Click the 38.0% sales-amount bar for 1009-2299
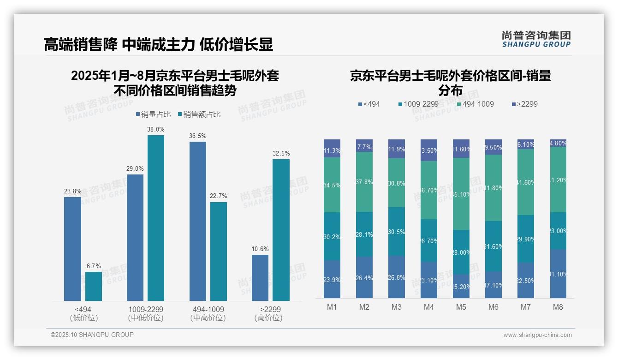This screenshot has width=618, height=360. tap(156, 218)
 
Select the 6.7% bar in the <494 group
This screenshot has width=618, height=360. tap(94, 286)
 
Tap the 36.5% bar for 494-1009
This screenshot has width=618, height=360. tap(198, 221)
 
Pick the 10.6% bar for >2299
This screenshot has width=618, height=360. tap(260, 278)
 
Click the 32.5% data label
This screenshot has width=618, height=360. tap(281, 153)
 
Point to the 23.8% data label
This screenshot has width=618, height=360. tap(72, 191)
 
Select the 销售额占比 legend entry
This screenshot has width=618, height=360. tap(199, 114)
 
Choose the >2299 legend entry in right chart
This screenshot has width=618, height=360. tap(524, 104)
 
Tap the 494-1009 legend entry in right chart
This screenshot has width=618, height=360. tap(475, 104)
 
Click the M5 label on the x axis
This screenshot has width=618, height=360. tap(461, 307)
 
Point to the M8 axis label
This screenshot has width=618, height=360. tap(558, 307)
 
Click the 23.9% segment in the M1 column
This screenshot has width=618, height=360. tap(332, 279)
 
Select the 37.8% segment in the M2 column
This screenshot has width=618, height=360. tap(364, 182)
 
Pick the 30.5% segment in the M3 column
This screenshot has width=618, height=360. tap(397, 232)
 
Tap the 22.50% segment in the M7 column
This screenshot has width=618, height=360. tap(526, 281)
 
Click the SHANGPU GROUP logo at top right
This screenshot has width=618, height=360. tap(536, 39)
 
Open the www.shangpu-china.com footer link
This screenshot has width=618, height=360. tap(537, 335)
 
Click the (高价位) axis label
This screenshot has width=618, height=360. tap(268, 318)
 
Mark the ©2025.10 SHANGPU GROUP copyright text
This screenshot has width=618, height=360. tap(92, 335)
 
